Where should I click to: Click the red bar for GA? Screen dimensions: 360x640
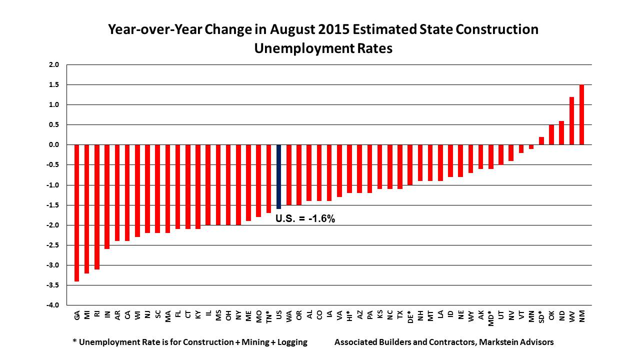[x=76, y=212]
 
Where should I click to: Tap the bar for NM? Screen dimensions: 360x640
[x=581, y=115]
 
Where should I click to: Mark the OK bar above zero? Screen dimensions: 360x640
[x=551, y=135]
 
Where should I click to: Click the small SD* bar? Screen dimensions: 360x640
[x=541, y=141]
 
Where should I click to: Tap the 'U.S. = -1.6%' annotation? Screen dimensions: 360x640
[x=305, y=218]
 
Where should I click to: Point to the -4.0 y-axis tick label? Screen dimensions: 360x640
[x=53, y=305]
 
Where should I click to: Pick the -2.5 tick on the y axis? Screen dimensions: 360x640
[x=53, y=245]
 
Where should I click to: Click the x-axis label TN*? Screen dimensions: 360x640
[x=269, y=317]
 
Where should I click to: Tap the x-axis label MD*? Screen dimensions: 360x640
[x=491, y=317]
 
